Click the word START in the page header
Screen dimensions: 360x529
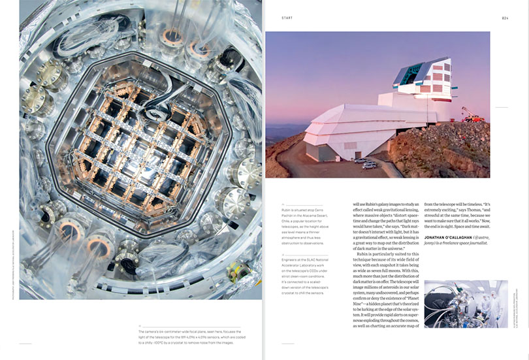click(288, 18)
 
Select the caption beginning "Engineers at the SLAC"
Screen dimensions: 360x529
click(313, 277)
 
